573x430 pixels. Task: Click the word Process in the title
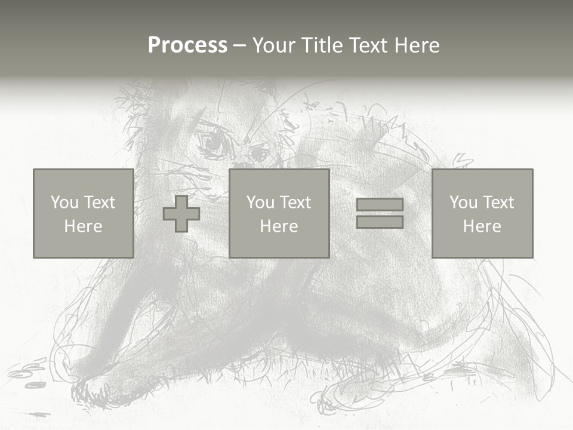pos(187,45)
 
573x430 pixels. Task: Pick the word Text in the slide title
pos(366,45)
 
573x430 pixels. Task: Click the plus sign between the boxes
pos(181,214)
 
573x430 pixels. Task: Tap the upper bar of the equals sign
pos(380,205)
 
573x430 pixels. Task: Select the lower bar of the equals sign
pos(380,222)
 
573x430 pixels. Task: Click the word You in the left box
pos(64,202)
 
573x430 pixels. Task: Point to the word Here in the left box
pos(83,226)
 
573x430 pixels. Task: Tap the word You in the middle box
pos(260,202)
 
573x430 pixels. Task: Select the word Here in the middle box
pos(279,226)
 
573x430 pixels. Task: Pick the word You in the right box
pos(463,202)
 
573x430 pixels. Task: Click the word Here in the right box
pos(482,226)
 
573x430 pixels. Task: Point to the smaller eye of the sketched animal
pos(259,153)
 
